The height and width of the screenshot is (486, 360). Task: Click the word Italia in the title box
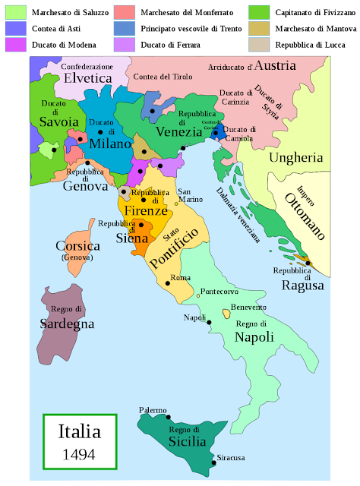(x=79, y=432)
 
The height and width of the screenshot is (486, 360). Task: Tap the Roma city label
(x=180, y=278)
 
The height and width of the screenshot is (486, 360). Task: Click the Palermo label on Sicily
(x=153, y=410)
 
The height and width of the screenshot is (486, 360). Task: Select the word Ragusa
(x=303, y=286)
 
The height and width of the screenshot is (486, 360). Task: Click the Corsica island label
(x=77, y=246)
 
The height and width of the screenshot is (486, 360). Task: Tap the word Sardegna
(x=67, y=323)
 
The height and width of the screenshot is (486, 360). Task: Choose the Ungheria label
(x=297, y=158)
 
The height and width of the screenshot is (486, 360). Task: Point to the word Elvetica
(x=87, y=77)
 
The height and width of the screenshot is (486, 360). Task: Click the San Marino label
(x=188, y=195)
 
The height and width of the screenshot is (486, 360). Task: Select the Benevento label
(x=249, y=307)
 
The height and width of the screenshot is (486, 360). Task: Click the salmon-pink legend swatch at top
(x=125, y=11)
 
